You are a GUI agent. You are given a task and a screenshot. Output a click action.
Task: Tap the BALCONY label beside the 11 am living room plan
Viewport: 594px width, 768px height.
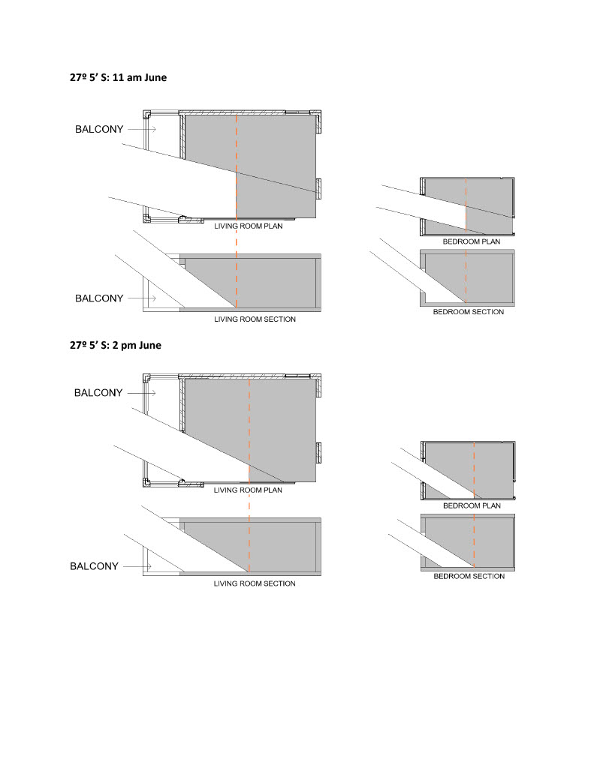(99, 130)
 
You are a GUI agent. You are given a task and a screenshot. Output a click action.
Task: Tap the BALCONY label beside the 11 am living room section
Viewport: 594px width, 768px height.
(99, 298)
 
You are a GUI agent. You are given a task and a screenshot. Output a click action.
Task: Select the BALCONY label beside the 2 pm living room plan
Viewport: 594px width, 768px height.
(98, 393)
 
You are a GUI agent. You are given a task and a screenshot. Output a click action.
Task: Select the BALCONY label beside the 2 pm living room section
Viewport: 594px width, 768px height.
(94, 566)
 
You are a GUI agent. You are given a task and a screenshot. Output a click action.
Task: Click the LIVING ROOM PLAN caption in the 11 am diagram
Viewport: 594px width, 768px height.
(249, 226)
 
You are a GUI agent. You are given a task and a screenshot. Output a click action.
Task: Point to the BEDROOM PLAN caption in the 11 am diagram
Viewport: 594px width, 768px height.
(472, 241)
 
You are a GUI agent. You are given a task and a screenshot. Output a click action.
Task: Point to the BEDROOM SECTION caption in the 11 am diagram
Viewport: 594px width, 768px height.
(469, 311)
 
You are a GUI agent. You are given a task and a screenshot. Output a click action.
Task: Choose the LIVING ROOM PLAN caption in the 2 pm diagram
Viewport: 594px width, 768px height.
(249, 490)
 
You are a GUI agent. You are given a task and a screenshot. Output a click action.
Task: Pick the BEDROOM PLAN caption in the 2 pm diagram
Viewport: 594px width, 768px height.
(472, 505)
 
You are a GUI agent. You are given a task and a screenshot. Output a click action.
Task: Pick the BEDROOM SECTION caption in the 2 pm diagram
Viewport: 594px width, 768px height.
(469, 576)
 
